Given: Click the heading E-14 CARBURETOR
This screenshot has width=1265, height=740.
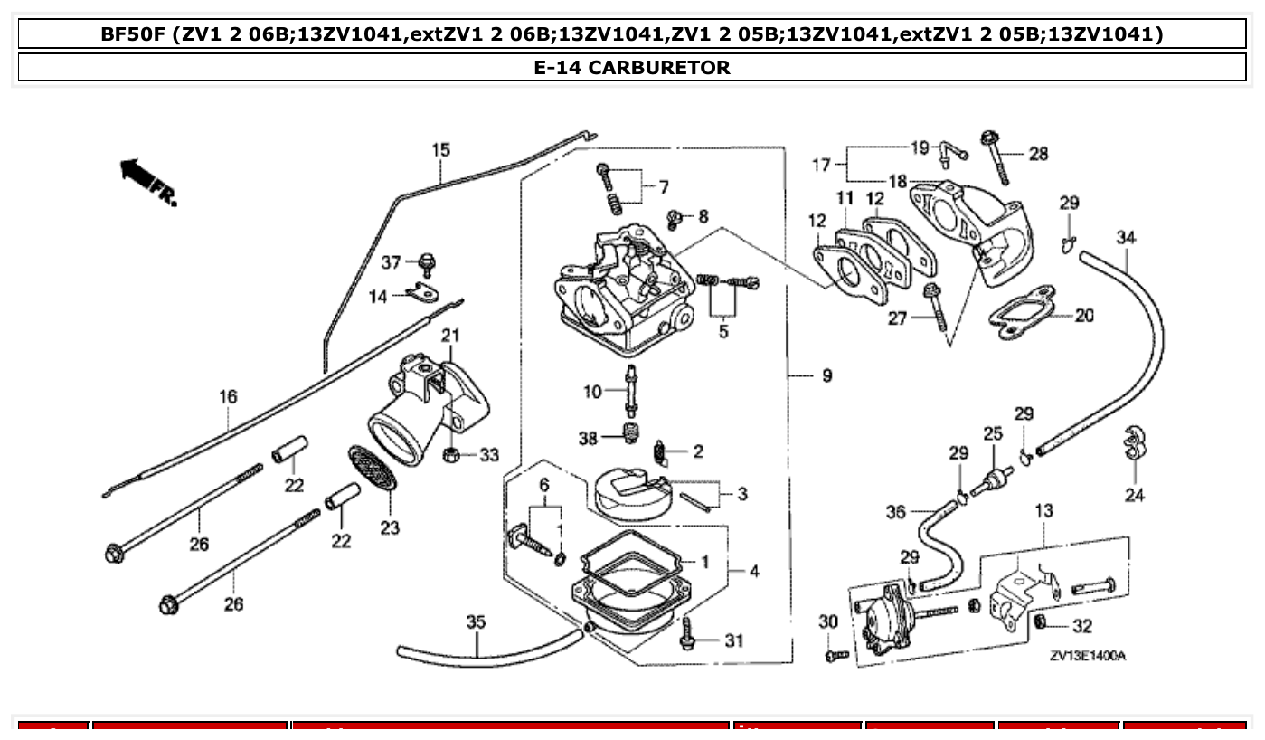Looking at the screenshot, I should coord(632,67).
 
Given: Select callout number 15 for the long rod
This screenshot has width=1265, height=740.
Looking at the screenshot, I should coord(440,150).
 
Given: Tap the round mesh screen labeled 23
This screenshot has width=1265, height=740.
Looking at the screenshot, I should coord(373,469).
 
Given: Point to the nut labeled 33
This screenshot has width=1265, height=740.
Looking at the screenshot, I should coord(450,454).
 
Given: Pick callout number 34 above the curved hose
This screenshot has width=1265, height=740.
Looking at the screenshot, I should coord(1126,238).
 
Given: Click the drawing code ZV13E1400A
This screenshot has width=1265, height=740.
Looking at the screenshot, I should coord(1088,656).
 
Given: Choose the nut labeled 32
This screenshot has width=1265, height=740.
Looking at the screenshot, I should coord(1041,623).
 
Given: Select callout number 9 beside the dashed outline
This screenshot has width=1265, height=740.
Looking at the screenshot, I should coord(826,375).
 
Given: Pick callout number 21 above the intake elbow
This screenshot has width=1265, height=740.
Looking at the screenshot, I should coord(450,337).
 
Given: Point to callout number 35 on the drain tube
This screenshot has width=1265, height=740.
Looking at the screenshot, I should coord(476,622).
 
